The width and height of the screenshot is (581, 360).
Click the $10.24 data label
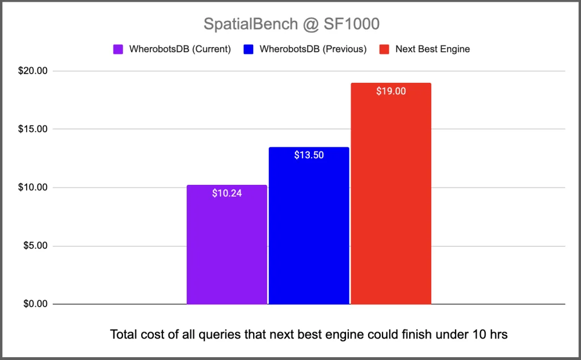pos(227,193)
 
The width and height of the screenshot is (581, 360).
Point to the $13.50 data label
pos(309,155)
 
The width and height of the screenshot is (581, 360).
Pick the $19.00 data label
pos(391,91)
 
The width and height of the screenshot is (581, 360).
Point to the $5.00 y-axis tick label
pos(36,246)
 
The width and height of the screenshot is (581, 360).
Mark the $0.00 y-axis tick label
pos(36,304)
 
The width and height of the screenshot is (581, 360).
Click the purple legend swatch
pos(119,49)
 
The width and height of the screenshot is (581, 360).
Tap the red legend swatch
pos(385,49)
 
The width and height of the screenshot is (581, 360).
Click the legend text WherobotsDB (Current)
pos(180,49)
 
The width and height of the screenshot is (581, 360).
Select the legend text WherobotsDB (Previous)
pos(313,49)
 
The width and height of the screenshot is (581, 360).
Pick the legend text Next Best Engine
pos(432,49)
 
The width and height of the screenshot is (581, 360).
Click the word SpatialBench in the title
pos(243,24)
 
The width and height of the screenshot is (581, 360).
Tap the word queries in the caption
pos(218,334)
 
